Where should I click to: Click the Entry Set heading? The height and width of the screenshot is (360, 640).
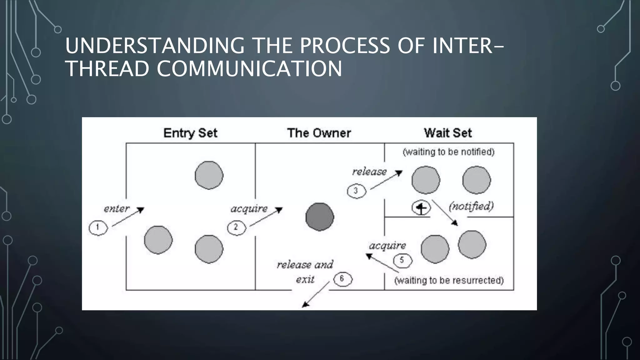[190, 133]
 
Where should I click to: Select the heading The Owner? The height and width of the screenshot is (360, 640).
[319, 133]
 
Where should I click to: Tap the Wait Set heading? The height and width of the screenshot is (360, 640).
[447, 133]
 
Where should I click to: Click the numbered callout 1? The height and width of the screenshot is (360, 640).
[98, 227]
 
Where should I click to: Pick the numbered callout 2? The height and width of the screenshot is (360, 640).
[236, 227]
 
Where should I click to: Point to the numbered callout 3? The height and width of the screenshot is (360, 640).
[356, 191]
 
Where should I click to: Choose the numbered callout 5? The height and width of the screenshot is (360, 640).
[402, 260]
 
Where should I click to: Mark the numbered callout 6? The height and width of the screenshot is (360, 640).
[342, 279]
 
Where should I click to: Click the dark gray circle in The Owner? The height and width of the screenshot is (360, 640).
[320, 217]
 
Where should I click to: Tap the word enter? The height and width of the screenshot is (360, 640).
[116, 209]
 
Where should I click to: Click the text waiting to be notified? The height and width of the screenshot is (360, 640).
[448, 152]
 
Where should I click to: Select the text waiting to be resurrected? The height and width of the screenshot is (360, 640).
[449, 280]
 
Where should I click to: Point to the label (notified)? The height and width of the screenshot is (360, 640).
[471, 206]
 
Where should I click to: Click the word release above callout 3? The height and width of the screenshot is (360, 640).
[369, 172]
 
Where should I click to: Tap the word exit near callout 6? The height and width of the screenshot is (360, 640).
[305, 279]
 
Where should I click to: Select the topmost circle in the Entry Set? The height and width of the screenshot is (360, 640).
[209, 175]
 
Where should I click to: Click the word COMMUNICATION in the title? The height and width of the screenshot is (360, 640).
[249, 69]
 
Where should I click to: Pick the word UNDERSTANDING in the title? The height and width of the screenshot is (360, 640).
[155, 46]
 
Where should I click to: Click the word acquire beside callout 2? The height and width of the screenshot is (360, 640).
[249, 209]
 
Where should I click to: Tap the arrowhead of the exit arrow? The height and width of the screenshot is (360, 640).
[305, 304]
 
